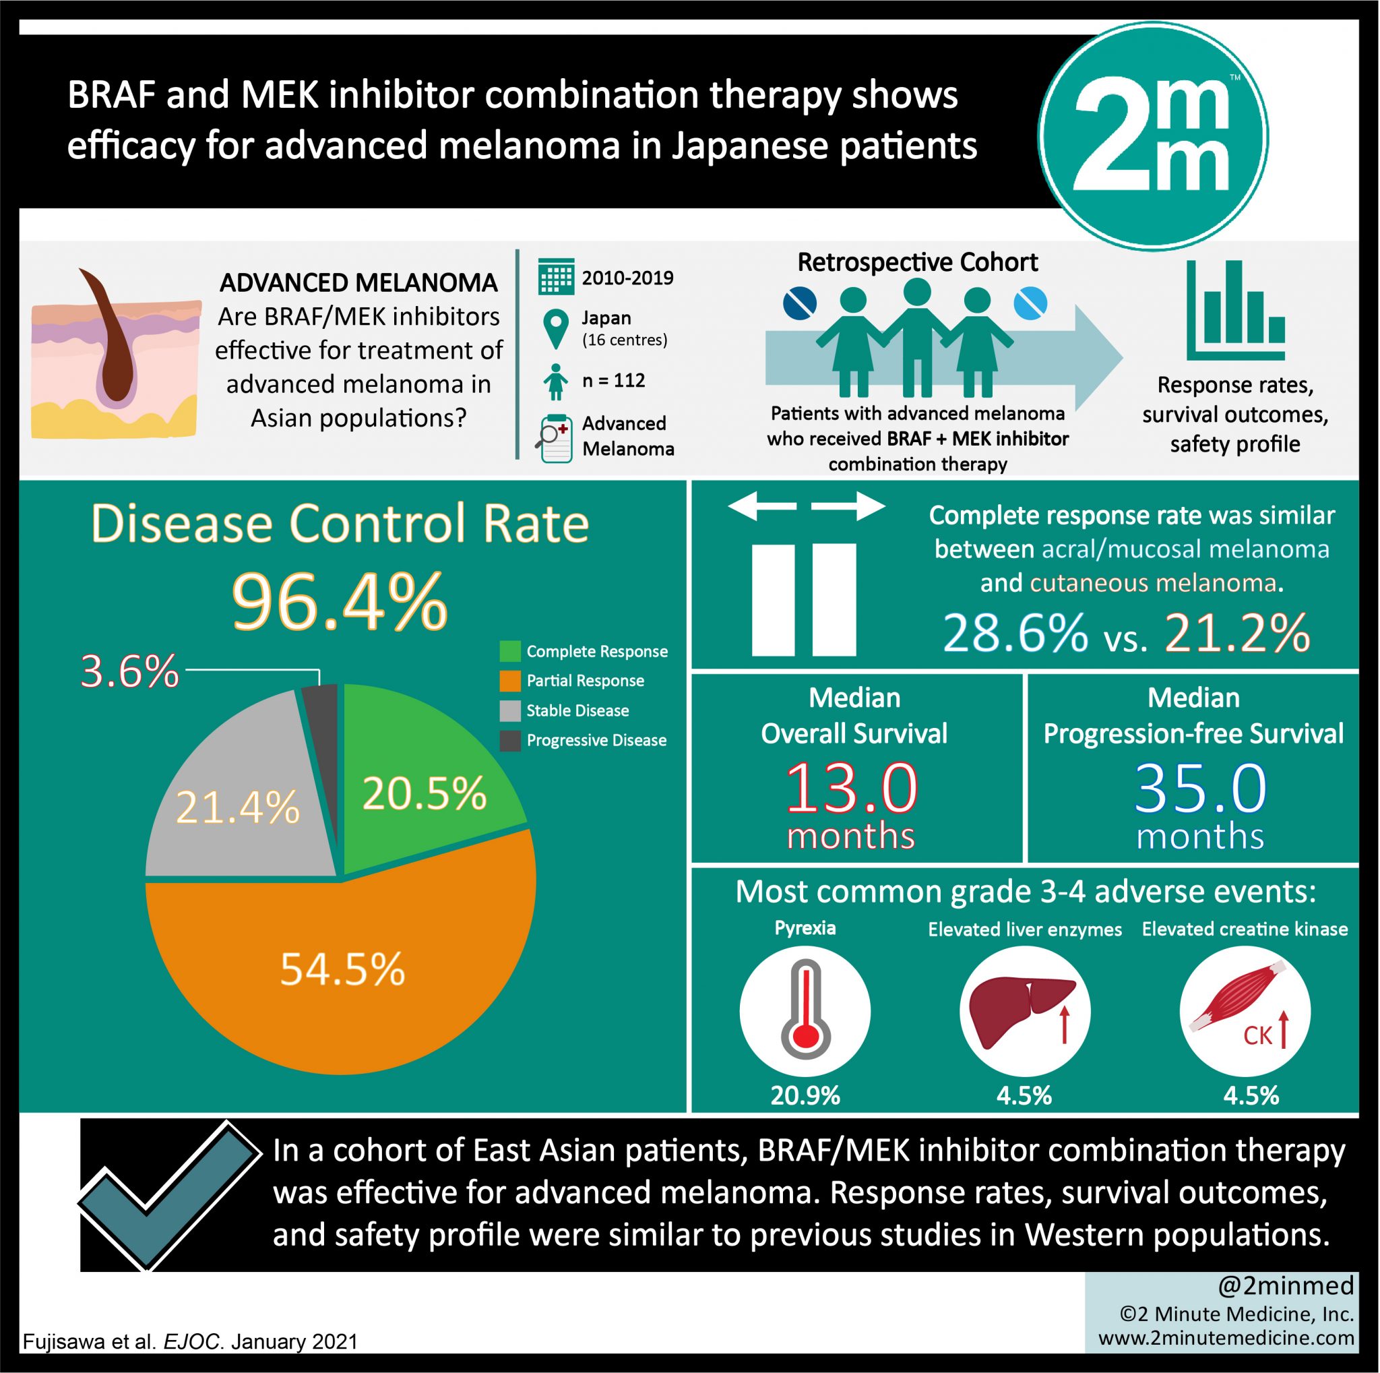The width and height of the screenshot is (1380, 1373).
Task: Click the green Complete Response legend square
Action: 510,651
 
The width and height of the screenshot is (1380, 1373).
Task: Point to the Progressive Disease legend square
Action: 510,741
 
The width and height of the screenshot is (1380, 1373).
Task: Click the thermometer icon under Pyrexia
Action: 805,1010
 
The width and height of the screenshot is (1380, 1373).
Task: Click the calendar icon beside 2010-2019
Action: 556,276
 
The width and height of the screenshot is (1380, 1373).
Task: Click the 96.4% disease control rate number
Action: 340,601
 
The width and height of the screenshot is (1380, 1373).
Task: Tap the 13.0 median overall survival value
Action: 852,789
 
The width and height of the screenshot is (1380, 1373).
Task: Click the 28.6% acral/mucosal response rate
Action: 1015,633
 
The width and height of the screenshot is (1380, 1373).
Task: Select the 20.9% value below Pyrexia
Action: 805,1095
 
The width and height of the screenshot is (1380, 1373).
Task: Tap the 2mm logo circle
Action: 1153,136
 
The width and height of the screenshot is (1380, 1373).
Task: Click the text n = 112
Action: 614,381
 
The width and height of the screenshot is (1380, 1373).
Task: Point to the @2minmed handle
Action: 1286,1286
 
